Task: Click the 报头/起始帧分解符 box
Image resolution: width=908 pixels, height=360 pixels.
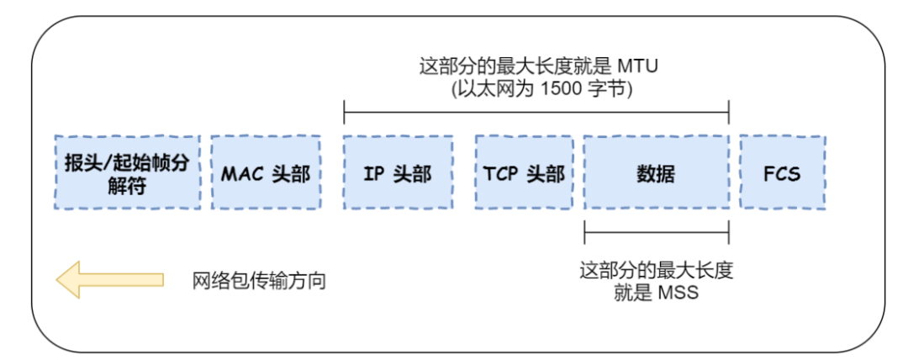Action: [128, 172]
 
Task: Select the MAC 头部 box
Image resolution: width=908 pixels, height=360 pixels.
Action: [266, 172]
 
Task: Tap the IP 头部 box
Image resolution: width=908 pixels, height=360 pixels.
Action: [398, 172]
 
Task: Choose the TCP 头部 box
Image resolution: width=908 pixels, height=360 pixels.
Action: [524, 172]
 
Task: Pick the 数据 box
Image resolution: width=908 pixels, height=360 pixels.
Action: [656, 172]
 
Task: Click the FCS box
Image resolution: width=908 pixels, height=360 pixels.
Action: [782, 172]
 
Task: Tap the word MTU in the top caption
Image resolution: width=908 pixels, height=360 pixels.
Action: [640, 66]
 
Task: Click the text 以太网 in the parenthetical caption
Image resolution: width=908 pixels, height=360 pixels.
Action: [488, 87]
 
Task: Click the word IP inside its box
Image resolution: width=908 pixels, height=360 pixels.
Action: [375, 173]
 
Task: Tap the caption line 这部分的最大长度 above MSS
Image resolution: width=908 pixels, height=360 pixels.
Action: [656, 271]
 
